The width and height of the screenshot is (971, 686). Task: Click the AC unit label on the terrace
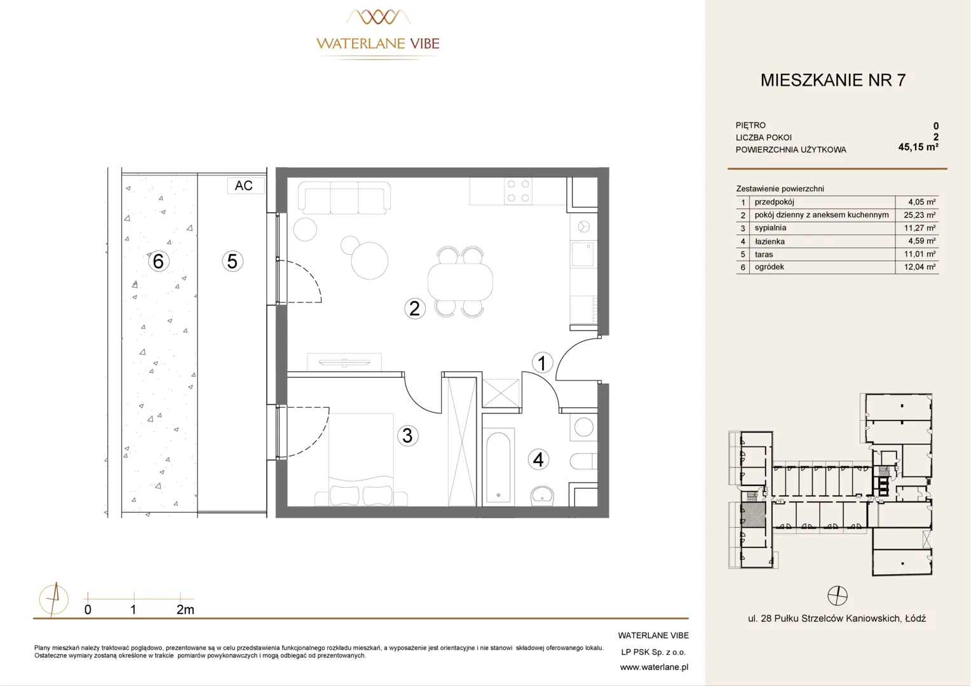243,185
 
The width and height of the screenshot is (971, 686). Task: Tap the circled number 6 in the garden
158,261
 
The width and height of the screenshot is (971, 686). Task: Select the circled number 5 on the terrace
233,261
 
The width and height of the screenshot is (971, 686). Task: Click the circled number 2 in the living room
414,309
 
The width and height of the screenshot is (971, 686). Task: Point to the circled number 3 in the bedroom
407,436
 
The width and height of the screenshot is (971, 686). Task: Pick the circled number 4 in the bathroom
538,459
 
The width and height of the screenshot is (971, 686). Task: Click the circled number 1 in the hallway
542,363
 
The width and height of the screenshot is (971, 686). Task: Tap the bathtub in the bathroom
498,467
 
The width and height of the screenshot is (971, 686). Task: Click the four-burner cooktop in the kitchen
518,191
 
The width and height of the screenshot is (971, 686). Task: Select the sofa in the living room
344,198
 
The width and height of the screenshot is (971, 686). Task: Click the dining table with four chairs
460,281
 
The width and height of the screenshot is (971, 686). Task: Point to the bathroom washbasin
542,495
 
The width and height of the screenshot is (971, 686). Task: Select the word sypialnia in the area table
770,228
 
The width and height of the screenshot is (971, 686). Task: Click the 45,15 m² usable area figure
918,147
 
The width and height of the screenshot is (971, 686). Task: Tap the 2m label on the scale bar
185,610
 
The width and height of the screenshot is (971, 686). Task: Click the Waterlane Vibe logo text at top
378,43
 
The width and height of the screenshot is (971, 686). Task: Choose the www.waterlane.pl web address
654,668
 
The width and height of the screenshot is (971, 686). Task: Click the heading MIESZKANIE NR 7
833,80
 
